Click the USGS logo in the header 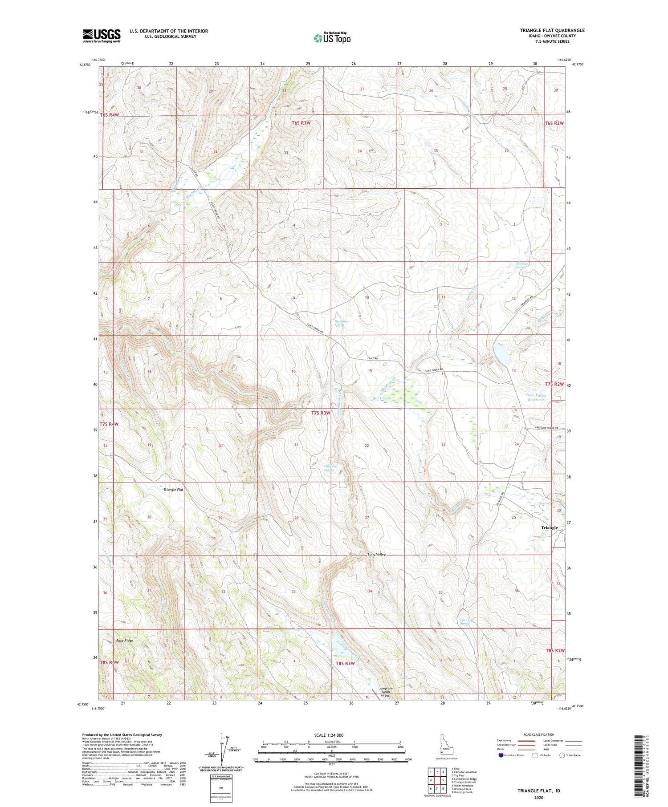pos(102,36)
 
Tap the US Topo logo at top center pos(332,38)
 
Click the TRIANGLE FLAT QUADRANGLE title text pos(552,30)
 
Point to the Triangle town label pos(549,527)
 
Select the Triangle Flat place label pos(173,490)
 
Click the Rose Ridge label pos(125,641)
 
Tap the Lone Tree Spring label pos(465,621)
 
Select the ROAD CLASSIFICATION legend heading pos(539,734)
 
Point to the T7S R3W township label pos(321,413)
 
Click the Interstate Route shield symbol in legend pos(501,755)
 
